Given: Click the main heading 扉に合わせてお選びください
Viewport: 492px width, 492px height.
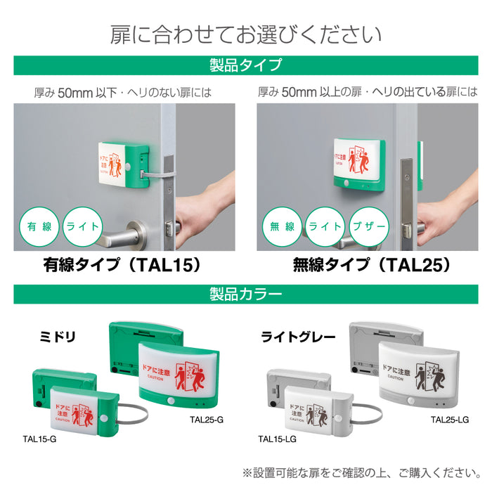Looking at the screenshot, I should pyautogui.click(x=245, y=34).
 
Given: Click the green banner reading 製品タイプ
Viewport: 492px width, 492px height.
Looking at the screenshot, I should pyautogui.click(x=245, y=65).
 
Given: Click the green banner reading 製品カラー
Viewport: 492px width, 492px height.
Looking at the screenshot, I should pyautogui.click(x=245, y=294).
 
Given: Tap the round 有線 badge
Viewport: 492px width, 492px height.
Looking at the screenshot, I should pyautogui.click(x=39, y=227).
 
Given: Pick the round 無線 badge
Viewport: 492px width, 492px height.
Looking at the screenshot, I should pyautogui.click(x=282, y=227).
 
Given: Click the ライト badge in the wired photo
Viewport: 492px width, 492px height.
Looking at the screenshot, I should pyautogui.click(x=85, y=227).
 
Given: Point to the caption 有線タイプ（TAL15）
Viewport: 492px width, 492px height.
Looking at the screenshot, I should pyautogui.click(x=123, y=265).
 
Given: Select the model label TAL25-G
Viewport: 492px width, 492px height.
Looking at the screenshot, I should pyautogui.click(x=207, y=420).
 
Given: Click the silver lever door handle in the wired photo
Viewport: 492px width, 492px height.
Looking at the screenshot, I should pyautogui.click(x=123, y=235).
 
